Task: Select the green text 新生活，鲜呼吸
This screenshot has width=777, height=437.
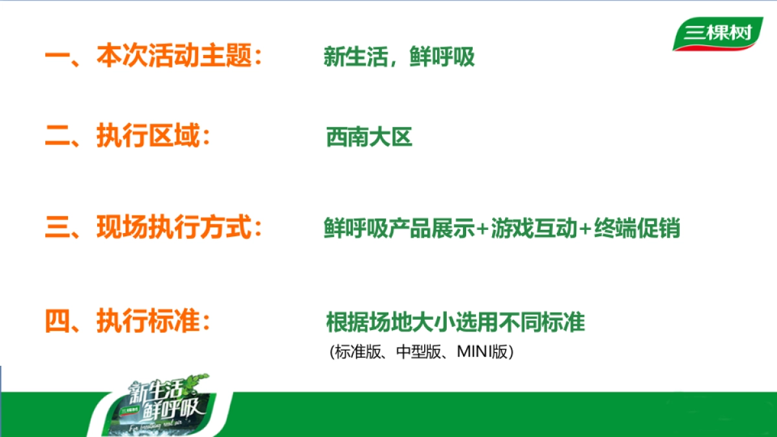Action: (399, 58)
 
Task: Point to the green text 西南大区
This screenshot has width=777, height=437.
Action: (369, 137)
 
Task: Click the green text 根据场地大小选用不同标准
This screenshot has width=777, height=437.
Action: (455, 322)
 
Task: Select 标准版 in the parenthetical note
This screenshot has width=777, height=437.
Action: (354, 352)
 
